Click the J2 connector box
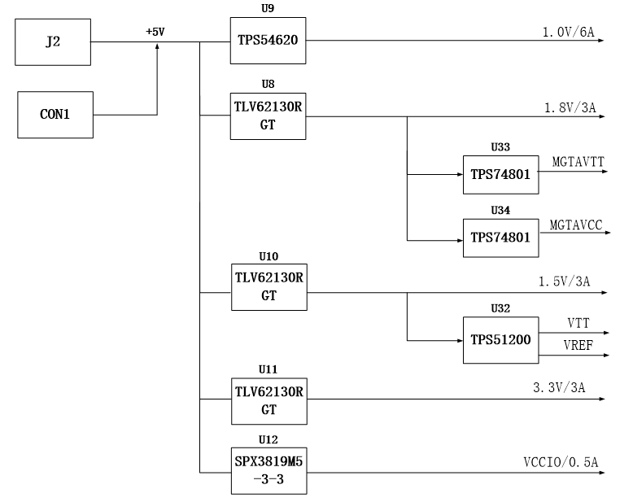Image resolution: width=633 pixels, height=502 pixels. (53, 42)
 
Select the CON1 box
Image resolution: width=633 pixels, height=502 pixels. (55, 115)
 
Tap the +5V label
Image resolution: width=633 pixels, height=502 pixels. (155, 32)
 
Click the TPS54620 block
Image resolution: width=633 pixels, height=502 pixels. (268, 41)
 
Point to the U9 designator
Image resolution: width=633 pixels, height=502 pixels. (268, 8)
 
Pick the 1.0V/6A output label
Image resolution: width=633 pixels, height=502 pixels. (569, 32)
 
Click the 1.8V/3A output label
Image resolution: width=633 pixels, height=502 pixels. (570, 107)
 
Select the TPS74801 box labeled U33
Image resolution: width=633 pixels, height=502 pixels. (500, 175)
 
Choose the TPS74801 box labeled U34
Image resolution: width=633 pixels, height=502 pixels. (500, 238)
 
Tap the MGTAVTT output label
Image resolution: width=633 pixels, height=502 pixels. (578, 162)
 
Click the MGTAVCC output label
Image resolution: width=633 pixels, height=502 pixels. (576, 225)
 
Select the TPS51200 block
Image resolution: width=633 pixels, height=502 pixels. (500, 340)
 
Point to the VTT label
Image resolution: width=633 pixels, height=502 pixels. (578, 323)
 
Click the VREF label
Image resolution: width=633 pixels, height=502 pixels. (578, 346)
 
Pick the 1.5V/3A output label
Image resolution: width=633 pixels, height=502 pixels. (565, 282)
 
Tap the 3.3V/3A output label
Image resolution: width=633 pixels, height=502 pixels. (559, 387)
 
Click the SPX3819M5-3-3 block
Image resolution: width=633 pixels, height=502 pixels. (268, 471)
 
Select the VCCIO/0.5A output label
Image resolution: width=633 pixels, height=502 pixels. (561, 462)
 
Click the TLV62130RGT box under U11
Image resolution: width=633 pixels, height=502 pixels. (268, 401)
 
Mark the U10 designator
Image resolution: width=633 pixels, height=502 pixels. (268, 256)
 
